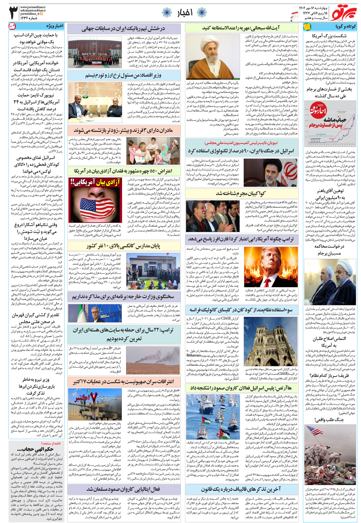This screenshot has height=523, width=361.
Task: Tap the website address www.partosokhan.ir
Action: [33, 7]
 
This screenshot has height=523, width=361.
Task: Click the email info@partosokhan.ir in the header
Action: [33, 10]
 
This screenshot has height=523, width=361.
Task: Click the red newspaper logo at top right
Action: [343, 12]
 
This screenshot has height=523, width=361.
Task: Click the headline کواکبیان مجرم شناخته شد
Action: [241, 193]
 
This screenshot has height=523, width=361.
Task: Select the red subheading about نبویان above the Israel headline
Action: [241, 143]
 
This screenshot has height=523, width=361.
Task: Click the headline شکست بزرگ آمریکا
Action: [329, 36]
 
